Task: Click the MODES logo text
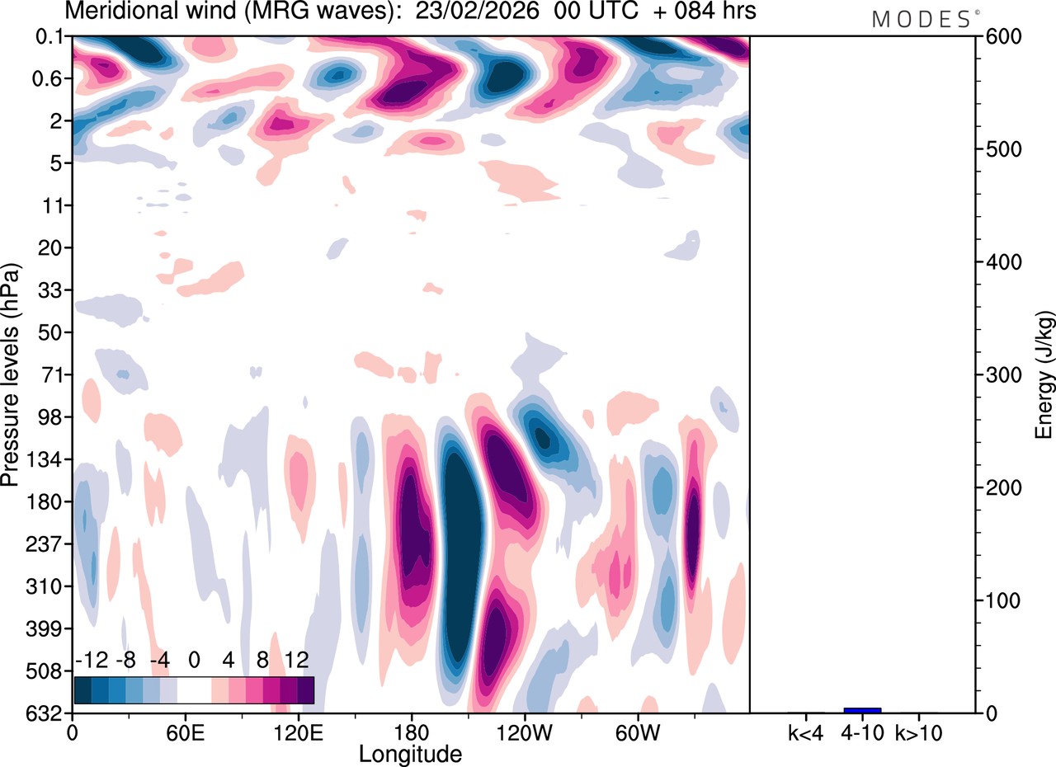coord(921,19)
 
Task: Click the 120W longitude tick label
coord(524,732)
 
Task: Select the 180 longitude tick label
coord(411,732)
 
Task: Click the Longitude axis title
coord(410,753)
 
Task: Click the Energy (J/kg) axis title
coord(1044,375)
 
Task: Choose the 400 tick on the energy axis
coord(999,262)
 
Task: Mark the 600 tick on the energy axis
coord(999,37)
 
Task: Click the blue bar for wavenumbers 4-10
coord(862,710)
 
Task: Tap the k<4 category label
coord(806,732)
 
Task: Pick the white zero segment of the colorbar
coord(195,690)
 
